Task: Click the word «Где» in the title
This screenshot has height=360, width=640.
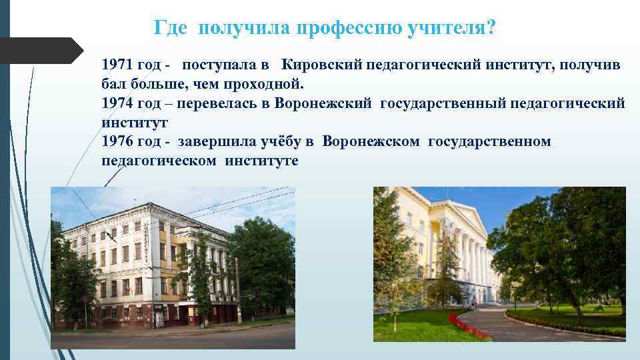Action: [x=170, y=28]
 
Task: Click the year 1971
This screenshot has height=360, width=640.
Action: [x=117, y=65]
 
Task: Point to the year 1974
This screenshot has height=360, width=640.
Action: [x=117, y=103]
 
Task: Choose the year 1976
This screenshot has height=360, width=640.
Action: [x=117, y=141]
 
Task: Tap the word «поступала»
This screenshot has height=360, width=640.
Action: [x=221, y=65]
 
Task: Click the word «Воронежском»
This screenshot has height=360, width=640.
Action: [x=371, y=141]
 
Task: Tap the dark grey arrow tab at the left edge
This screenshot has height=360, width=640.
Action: [x=40, y=50]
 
